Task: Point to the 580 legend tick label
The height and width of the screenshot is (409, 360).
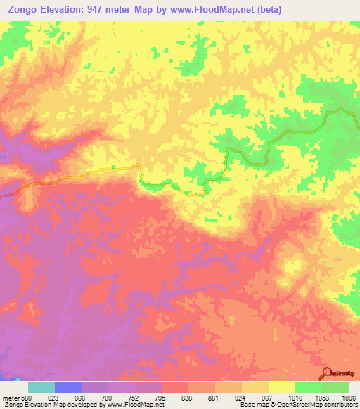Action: pyautogui.click(x=27, y=397)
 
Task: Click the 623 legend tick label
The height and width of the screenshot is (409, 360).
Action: pyautogui.click(x=54, y=397)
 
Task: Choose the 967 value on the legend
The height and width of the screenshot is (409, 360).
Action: pyautogui.click(x=269, y=397)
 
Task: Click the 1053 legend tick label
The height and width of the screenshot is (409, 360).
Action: pyautogui.click(x=321, y=397)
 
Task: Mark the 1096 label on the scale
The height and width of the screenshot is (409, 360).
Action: pyautogui.click(x=348, y=397)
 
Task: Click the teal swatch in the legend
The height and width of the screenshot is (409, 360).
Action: pyautogui.click(x=41, y=387)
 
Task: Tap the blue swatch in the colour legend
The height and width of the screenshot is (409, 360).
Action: pyautogui.click(x=67, y=387)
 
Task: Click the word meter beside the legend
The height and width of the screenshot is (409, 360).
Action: pyautogui.click(x=10, y=397)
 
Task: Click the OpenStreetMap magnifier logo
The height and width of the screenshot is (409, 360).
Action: pyautogui.click(x=327, y=372)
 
